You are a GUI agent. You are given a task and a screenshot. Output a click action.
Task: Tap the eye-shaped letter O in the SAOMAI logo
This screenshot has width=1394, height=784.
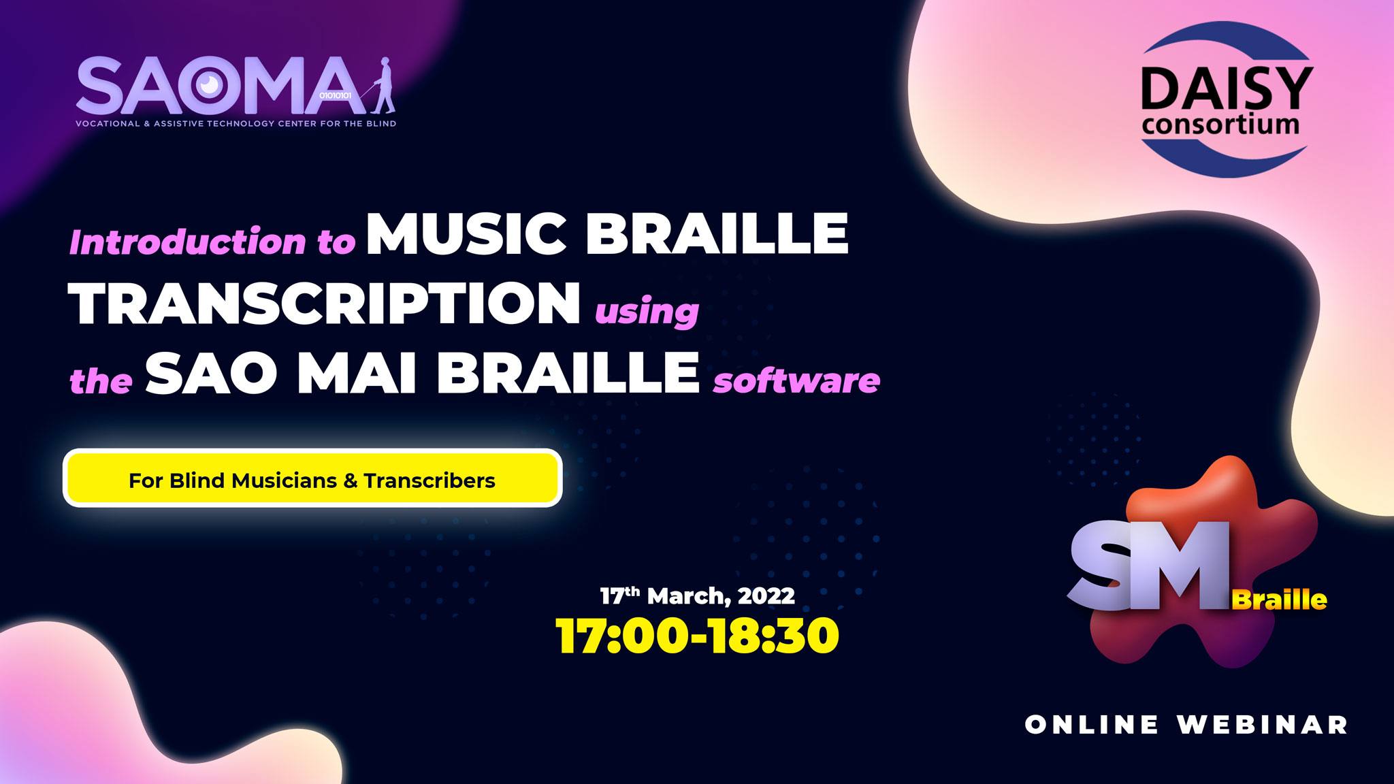[x=208, y=85]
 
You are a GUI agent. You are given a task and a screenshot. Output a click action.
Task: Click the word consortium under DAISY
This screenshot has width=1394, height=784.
[x=1221, y=125]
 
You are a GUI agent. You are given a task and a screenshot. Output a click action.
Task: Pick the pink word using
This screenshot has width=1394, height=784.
[x=647, y=312]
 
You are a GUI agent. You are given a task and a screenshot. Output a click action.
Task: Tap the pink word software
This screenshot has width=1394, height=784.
[x=796, y=380]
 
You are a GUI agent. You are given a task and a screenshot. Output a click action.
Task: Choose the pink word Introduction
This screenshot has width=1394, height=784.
[x=188, y=242]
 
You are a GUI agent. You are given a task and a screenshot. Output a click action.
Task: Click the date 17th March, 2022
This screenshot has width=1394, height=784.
[x=698, y=595]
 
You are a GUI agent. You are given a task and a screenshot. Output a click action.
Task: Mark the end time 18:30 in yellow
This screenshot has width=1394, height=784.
[x=774, y=636]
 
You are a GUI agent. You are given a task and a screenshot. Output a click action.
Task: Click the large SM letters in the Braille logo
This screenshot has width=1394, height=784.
[x=1149, y=565]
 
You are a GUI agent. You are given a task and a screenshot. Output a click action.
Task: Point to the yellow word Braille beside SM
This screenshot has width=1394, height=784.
[x=1279, y=600]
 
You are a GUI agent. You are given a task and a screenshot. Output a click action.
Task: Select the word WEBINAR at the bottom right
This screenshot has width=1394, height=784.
[x=1263, y=725]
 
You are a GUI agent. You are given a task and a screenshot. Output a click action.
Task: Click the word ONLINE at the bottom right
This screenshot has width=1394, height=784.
[x=1092, y=725]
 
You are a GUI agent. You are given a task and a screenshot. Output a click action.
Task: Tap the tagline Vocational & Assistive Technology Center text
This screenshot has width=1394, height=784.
[x=236, y=124]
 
